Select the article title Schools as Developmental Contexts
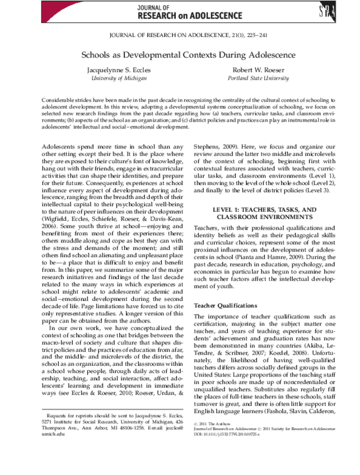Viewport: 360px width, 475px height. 180,55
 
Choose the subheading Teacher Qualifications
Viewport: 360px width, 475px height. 225,305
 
